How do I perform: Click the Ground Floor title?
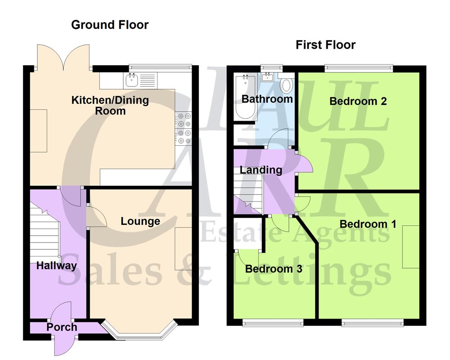[110, 25]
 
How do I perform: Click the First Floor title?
[325, 45]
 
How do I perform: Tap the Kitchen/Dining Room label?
[110, 105]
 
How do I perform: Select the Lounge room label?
[140, 221]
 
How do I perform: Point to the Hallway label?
[57, 265]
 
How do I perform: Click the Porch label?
[62, 327]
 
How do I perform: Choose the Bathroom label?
[267, 98]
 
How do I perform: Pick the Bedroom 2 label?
[358, 101]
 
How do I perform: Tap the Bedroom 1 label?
[368, 224]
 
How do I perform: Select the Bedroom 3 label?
[274, 269]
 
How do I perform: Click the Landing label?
[261, 170]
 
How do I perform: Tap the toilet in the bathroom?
[286, 85]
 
